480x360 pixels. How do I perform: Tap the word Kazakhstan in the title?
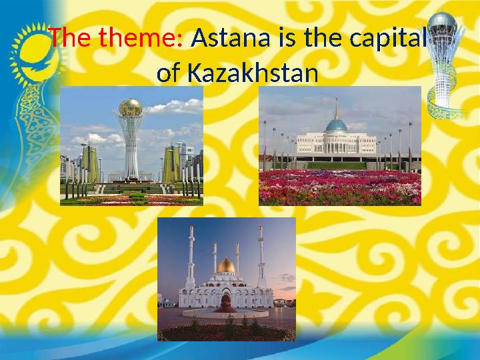coord(253,73)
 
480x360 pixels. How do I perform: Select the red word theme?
coord(141,37)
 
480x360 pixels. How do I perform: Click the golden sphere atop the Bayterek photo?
coord(131,107)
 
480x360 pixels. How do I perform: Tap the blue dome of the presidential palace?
coord(337,125)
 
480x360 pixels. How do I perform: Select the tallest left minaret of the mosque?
coord(191,257)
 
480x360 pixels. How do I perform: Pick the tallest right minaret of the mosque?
coord(261,257)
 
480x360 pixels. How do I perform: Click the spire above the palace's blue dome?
coord(337,109)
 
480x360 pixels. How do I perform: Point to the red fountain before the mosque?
coord(225,303)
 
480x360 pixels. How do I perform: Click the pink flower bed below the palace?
coord(340,187)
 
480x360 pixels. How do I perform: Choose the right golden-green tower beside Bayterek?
coord(171,164)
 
